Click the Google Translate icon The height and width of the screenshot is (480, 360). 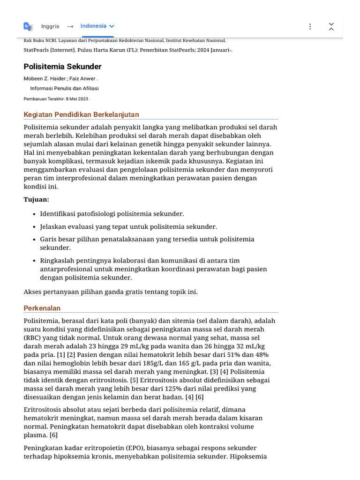point(28,27)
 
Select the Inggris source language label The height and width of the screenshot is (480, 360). point(50,27)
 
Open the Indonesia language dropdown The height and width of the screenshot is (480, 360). point(97,26)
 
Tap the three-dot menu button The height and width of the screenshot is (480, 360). point(310,27)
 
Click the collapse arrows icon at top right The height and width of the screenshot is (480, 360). point(331,27)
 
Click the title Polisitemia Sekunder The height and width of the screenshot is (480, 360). point(62,67)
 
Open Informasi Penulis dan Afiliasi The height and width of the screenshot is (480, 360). point(64,88)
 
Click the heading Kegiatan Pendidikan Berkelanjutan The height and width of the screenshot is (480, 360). point(81,115)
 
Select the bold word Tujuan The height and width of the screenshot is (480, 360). point(36,199)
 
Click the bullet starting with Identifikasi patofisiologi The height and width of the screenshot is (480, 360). point(112,214)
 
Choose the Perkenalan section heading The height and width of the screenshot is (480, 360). point(42,308)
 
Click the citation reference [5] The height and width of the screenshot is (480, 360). point(134,380)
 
